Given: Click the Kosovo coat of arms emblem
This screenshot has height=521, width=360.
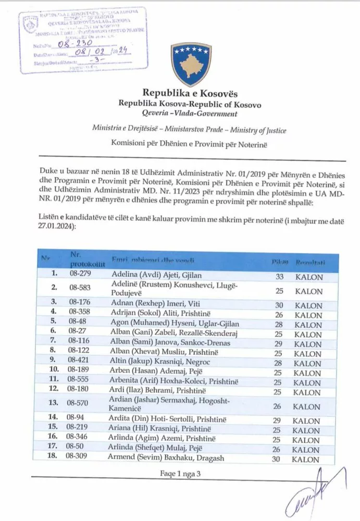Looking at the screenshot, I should pyautogui.click(x=190, y=65).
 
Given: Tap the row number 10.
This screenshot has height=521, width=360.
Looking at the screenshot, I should pyautogui.click(x=53, y=363).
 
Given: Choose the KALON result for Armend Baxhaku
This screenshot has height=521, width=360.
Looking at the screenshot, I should pyautogui.click(x=308, y=460).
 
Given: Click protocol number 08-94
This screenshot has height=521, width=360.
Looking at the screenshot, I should pyautogui.click(x=78, y=420).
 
